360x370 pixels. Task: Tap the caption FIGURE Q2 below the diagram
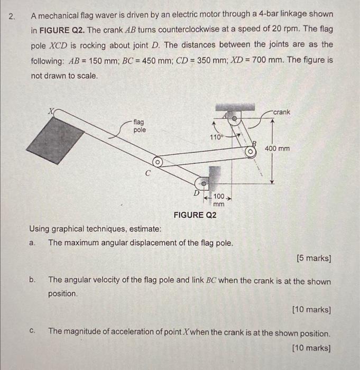[x=195, y=215]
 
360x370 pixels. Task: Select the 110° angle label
[x=217, y=136]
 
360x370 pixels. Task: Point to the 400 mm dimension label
[x=277, y=149]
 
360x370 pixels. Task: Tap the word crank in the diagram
[x=282, y=112]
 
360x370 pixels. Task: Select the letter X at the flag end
[x=51, y=112]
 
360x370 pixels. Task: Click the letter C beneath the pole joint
[x=148, y=172]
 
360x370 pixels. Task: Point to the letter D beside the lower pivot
[x=196, y=193]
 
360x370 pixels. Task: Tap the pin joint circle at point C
[x=156, y=161]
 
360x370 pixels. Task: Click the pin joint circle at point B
[x=253, y=152]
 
